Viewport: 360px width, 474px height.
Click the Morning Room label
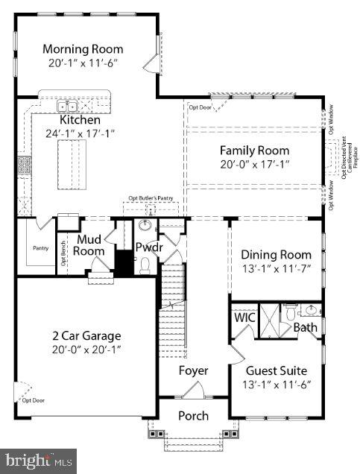coord(83,49)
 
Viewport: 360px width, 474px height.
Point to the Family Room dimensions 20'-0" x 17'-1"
coord(254,164)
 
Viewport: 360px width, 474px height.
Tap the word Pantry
coord(40,247)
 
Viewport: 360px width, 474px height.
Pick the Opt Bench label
coord(64,255)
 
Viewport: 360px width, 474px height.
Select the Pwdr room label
coord(148,247)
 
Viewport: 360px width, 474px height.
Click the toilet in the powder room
coord(146,265)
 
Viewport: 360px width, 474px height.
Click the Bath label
coord(304,327)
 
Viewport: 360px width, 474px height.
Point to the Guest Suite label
coord(277,370)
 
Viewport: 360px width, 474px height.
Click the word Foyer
coord(193,370)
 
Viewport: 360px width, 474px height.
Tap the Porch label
coord(193,416)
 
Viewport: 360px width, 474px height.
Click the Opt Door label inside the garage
coord(33,400)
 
